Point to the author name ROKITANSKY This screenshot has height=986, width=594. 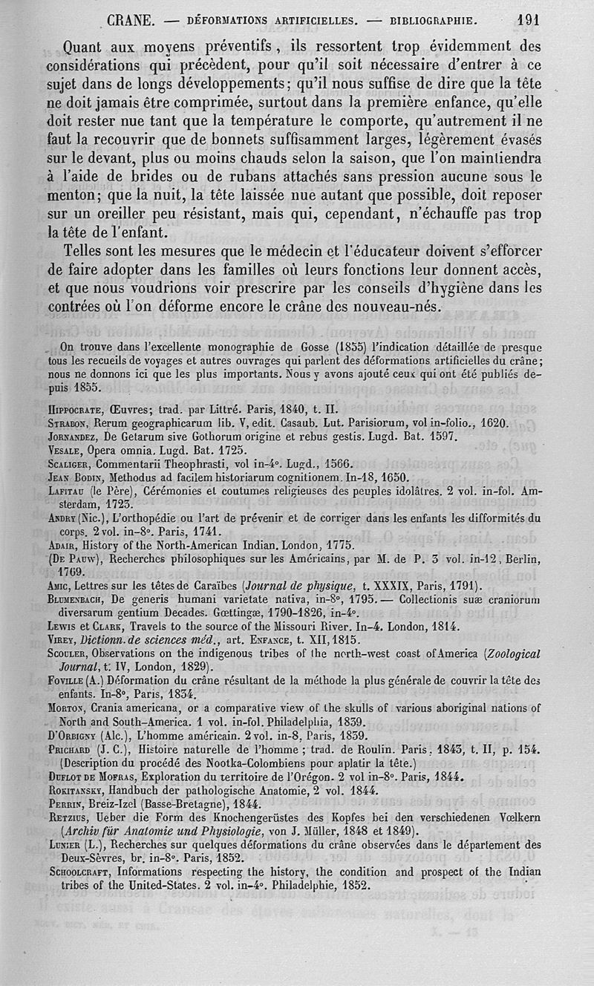pos(78,791)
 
